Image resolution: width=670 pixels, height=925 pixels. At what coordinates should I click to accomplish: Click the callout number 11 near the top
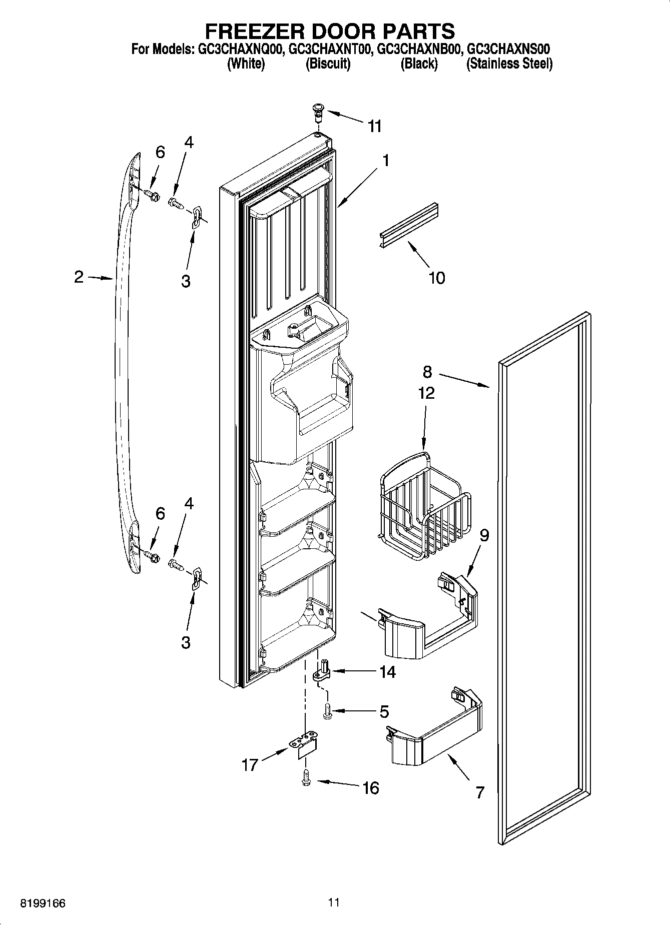click(375, 127)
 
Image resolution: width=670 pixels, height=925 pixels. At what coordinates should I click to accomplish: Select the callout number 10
click(437, 278)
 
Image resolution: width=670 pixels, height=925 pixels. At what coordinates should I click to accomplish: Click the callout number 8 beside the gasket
click(427, 372)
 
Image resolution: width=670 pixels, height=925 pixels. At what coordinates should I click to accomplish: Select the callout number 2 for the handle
click(79, 277)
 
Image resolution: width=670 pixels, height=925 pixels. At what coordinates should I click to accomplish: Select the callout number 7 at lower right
click(479, 792)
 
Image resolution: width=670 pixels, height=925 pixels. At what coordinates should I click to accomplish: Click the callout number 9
click(484, 535)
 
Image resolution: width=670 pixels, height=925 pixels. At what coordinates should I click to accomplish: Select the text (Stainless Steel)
click(509, 64)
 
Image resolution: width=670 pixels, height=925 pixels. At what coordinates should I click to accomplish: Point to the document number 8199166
click(43, 903)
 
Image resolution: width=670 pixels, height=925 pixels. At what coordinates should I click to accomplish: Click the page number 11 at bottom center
click(334, 902)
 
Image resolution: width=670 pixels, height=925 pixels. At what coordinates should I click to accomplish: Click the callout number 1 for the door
click(385, 160)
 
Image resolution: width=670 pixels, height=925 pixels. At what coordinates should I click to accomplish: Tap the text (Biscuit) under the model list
click(328, 64)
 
